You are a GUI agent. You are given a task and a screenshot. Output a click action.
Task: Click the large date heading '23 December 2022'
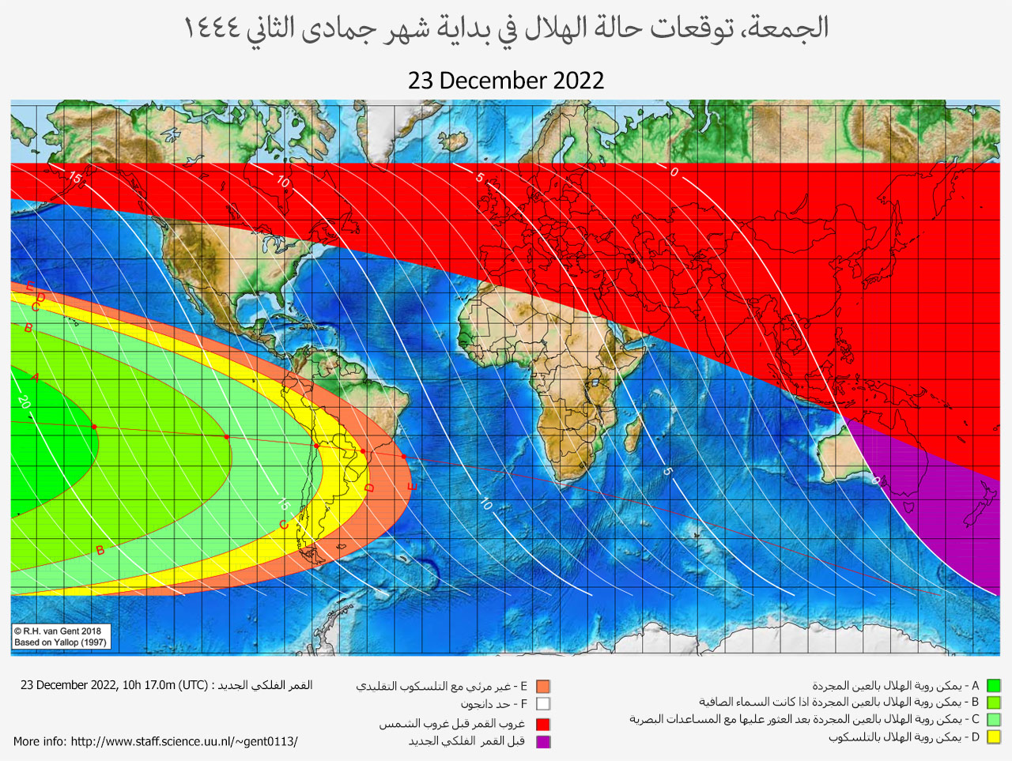506,81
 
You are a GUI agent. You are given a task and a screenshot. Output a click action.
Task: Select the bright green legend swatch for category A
993,686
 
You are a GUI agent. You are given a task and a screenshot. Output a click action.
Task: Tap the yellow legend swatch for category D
993,737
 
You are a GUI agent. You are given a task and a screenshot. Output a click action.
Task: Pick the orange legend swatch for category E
542,687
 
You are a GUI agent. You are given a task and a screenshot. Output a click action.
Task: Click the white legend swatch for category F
542,704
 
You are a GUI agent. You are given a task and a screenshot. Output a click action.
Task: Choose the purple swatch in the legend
542,741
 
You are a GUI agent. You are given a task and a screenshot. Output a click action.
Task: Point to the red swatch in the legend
542,724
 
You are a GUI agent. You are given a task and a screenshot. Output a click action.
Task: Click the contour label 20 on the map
24,401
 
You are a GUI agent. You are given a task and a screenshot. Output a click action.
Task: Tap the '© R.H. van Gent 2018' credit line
58,631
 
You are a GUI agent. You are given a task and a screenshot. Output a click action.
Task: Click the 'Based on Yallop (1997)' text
60,642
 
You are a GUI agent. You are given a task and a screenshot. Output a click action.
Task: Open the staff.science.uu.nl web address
184,741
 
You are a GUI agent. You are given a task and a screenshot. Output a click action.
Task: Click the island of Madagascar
633,434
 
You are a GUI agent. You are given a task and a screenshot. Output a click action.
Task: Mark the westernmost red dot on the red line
94,427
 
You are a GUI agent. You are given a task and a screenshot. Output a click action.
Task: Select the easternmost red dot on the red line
404,457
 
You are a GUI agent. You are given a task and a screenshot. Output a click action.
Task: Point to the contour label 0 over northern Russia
674,172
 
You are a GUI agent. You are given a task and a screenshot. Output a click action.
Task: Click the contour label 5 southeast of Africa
667,472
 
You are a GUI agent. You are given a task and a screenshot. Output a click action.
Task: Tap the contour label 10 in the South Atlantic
485,503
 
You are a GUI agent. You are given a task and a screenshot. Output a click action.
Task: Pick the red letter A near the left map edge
36,377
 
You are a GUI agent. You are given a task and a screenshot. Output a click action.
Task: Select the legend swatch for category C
993,720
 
